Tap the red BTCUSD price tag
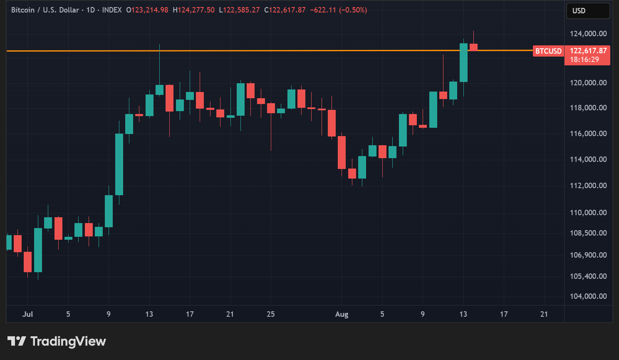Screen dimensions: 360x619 548,51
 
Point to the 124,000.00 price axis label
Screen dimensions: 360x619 588,34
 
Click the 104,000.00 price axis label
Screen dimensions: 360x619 588,296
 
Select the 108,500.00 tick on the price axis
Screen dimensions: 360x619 588,233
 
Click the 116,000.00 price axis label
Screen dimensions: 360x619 588,134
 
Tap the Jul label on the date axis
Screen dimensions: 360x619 27,314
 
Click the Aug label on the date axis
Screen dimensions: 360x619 342,314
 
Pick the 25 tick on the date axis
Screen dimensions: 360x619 270,314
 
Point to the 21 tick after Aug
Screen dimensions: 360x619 544,314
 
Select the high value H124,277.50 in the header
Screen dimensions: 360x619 193,10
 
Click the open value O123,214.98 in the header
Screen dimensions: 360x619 147,10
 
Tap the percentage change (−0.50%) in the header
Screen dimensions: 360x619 353,10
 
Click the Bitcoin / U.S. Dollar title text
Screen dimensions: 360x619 45,10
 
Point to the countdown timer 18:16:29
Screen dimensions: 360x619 584,60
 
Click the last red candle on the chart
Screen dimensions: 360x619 473,47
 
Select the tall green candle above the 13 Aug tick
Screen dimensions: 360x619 463,62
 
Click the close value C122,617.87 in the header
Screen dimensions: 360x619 285,10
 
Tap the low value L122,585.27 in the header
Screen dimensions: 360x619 239,10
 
